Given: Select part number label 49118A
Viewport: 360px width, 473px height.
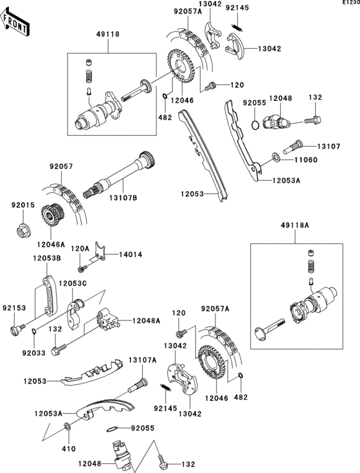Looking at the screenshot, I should click(295, 225).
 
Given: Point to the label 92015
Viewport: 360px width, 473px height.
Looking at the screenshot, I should click(21, 205).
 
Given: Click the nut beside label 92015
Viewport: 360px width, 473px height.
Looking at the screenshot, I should click(22, 228).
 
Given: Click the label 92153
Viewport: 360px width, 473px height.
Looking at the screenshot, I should click(12, 308).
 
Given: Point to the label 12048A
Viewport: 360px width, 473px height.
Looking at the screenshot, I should click(147, 320).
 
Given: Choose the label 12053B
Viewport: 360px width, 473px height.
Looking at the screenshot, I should click(47, 258).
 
